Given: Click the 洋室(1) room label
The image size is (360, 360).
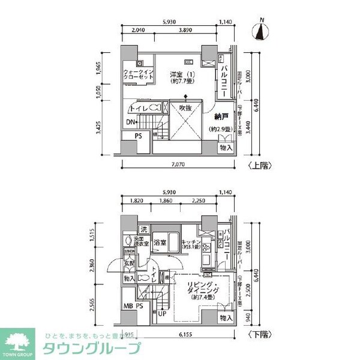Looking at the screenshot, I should click(181, 77).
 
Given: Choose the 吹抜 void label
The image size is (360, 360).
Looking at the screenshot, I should click(185, 108).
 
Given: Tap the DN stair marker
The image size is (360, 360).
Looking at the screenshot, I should click(130, 123).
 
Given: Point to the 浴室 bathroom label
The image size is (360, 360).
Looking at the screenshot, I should click(159, 244).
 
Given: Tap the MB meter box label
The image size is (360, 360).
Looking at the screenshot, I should click(128, 305).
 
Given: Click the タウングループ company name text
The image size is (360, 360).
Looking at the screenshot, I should click(89, 349).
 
